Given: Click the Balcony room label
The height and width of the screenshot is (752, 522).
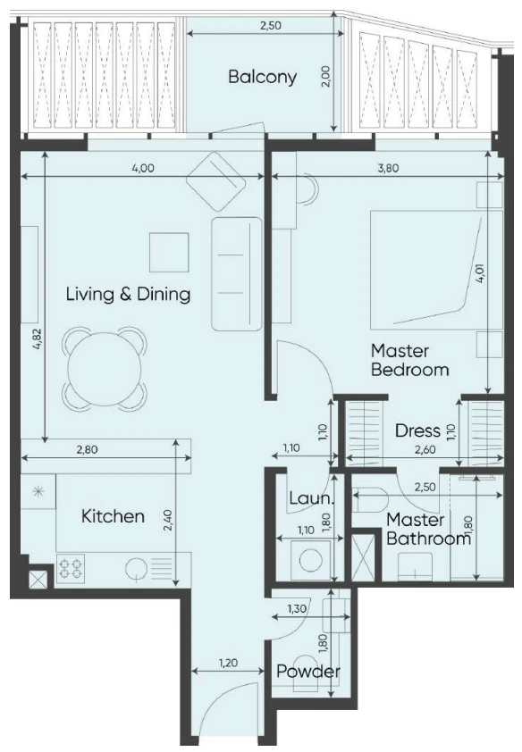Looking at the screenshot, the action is pyautogui.click(x=263, y=77).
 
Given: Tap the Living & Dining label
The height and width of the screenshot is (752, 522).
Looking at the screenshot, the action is pyautogui.click(x=128, y=294).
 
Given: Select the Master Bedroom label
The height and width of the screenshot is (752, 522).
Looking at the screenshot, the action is pyautogui.click(x=409, y=360).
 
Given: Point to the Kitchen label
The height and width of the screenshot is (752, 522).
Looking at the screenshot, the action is pyautogui.click(x=113, y=516).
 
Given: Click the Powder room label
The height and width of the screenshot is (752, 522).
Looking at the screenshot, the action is pyautogui.click(x=308, y=671).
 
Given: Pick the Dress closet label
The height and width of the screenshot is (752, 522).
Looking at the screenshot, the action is pyautogui.click(x=417, y=430).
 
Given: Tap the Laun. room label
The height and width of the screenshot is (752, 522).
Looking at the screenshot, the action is pyautogui.click(x=311, y=498).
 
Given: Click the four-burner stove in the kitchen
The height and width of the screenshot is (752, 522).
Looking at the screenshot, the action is pyautogui.click(x=71, y=569).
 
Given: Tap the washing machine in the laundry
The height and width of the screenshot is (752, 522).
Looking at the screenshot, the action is pyautogui.click(x=310, y=560).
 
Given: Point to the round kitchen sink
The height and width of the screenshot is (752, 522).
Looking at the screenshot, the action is pyautogui.click(x=136, y=569).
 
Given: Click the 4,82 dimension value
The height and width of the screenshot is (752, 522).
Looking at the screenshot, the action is pyautogui.click(x=38, y=340).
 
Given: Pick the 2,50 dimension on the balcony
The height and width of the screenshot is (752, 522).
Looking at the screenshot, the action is pyautogui.click(x=270, y=26).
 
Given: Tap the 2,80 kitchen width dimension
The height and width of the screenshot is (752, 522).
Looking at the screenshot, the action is pyautogui.click(x=88, y=450).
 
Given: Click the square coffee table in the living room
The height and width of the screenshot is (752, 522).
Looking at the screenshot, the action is pyautogui.click(x=169, y=252).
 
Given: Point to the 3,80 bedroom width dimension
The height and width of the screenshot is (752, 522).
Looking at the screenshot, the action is pyautogui.click(x=388, y=168).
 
